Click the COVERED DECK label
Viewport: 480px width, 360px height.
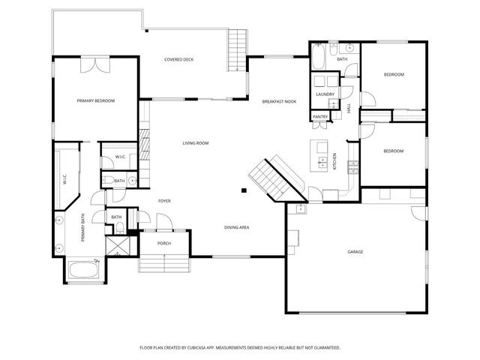point(179,59)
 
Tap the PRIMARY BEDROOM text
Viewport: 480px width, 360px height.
point(95,100)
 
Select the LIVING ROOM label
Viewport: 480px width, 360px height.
point(195,142)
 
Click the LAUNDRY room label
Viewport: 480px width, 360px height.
point(325,94)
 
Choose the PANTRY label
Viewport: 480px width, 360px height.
point(320,117)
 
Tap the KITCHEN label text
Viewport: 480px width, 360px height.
point(335,160)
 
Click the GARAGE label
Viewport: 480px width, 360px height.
point(355,251)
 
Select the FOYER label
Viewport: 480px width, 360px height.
point(164,200)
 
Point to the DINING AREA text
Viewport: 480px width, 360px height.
point(237,226)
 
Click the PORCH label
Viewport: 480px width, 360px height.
point(163,244)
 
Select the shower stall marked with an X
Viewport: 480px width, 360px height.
point(118,245)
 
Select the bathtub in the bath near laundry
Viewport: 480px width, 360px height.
point(319,57)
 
